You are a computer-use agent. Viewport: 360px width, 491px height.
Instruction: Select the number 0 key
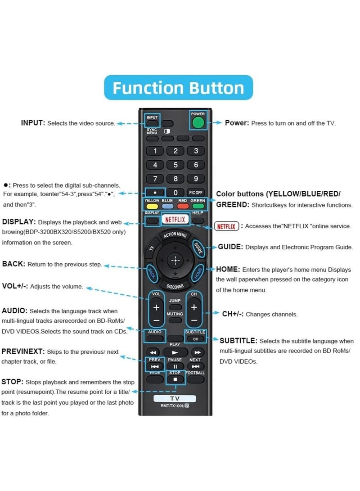[x=175, y=193]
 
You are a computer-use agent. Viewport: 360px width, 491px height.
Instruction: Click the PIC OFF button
[x=196, y=193]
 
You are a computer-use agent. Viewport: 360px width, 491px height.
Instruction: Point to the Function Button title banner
[x=178, y=87]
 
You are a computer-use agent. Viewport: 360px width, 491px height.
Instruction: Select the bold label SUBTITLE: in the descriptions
[x=238, y=341]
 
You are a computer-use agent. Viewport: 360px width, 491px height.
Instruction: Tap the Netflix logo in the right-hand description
[x=226, y=226]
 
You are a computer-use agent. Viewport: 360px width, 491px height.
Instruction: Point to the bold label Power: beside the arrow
[x=237, y=123]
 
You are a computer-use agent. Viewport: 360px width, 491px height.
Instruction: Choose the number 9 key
[x=196, y=179]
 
